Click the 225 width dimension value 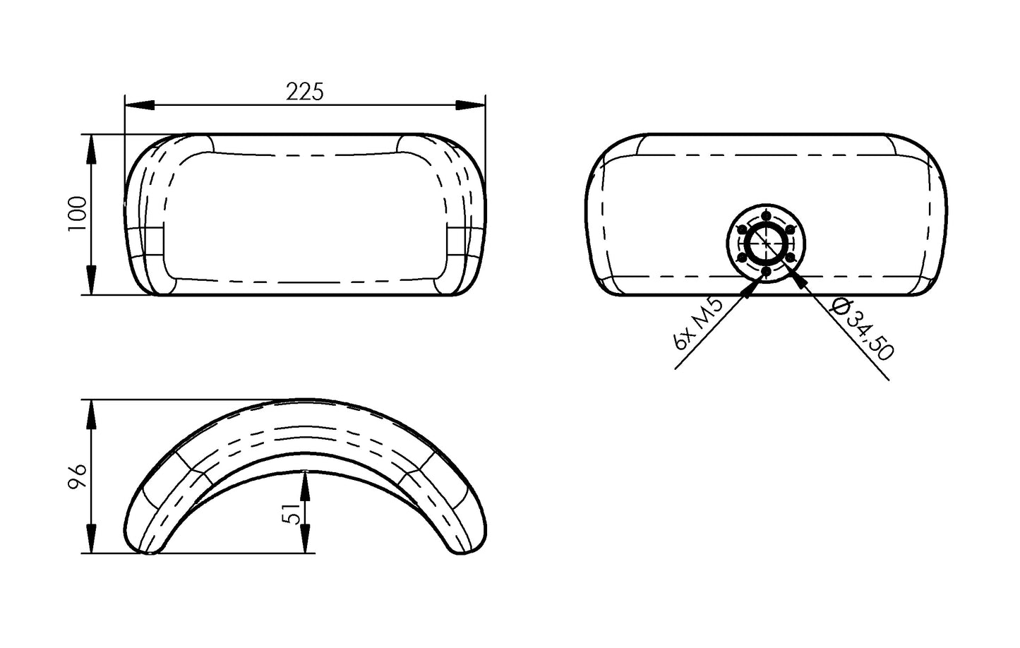[x=304, y=91]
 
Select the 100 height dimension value [x=78, y=213]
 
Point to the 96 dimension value [x=78, y=476]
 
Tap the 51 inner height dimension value [x=290, y=512]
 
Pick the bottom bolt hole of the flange [x=767, y=272]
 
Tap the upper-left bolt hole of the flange [x=742, y=229]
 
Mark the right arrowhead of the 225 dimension [x=471, y=105]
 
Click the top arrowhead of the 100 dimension [x=92, y=149]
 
